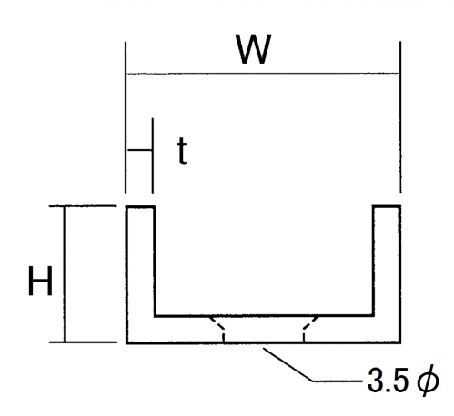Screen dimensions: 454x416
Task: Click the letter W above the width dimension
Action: [x=254, y=49]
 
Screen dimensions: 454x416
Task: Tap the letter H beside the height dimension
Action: [x=40, y=281]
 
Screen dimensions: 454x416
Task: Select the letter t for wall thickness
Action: [x=182, y=151]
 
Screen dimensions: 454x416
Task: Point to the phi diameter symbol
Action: [x=428, y=381]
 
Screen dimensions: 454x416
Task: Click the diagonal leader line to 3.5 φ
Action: [x=288, y=364]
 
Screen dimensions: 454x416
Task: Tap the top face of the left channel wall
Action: [x=140, y=207]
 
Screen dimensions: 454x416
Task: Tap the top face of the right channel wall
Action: [x=387, y=206]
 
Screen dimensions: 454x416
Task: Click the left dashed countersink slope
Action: [x=217, y=323]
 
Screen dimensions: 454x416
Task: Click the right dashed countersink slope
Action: [x=310, y=323]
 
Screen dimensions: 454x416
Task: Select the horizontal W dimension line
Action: [x=263, y=74]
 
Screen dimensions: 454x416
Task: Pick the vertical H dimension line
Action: [x=64, y=274]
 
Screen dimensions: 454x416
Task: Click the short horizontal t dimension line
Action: [x=139, y=150]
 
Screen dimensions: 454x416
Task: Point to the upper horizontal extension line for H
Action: [x=83, y=206]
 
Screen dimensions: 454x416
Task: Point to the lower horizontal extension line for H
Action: [x=83, y=342]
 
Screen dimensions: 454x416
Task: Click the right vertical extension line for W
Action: [x=400, y=117]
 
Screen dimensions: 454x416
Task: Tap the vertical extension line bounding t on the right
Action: [x=153, y=156]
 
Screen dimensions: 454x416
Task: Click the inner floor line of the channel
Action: [x=264, y=316]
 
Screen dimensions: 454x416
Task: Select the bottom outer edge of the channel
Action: [x=264, y=342]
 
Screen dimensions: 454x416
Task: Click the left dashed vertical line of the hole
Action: [x=224, y=337]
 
